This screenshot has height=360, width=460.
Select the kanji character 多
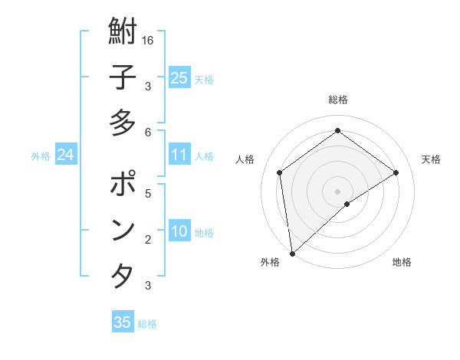click(x=123, y=123)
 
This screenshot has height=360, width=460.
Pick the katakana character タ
click(x=123, y=276)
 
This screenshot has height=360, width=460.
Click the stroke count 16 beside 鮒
click(x=148, y=41)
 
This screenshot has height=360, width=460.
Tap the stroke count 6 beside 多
click(x=148, y=132)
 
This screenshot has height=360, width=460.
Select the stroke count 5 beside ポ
click(x=148, y=193)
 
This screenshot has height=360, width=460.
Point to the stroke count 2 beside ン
click(x=148, y=239)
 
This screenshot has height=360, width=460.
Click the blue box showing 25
click(x=179, y=78)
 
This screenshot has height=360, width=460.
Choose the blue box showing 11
click(x=179, y=155)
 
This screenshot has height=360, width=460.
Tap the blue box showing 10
click(x=179, y=232)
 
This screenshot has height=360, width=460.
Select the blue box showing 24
click(x=65, y=155)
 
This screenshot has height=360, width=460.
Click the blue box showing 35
click(x=123, y=322)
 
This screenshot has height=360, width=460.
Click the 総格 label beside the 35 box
click(x=147, y=324)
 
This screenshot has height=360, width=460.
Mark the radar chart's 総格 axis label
click(x=337, y=100)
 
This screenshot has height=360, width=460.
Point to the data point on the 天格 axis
click(x=396, y=172)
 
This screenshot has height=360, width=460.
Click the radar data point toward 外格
click(x=292, y=253)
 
